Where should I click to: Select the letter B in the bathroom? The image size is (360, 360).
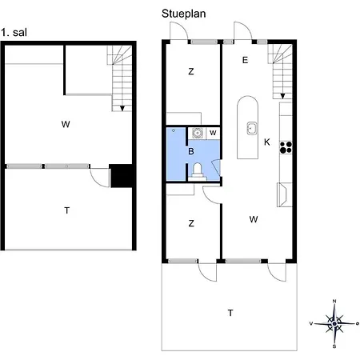coord(191,150)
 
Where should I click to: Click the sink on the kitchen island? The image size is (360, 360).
coord(251,126)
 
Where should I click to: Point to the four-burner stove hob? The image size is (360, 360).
coord(286,146)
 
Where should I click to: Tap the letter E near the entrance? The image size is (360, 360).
coord(245,59)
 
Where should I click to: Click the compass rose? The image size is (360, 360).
coord(334,323)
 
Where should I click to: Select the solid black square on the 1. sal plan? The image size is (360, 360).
coord(121,175)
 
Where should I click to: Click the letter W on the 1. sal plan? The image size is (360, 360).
coord(64,124)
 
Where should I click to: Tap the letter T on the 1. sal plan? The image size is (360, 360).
coord(67,210)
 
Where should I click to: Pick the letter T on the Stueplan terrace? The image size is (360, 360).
coord(230,313)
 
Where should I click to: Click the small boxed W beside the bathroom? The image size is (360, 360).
coord(213,133)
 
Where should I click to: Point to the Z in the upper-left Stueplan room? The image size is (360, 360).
coord(191,72)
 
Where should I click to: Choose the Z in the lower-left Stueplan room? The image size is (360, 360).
coord(191,224)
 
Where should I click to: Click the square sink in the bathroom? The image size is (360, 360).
coord(196,134)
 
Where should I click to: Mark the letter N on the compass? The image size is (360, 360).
coord(334,301)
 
